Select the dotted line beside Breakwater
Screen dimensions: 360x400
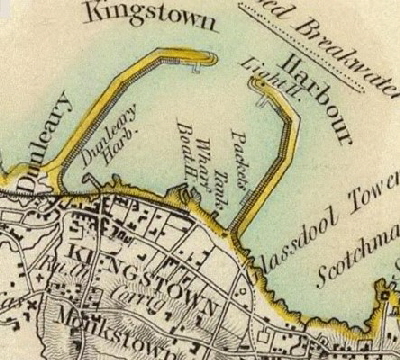point(300,40)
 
